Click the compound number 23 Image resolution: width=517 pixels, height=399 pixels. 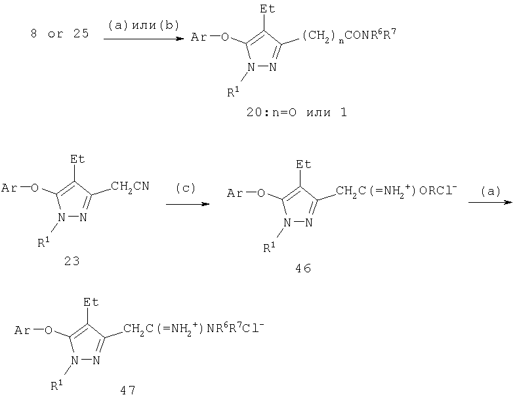72,261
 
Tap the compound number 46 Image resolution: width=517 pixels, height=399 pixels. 303,268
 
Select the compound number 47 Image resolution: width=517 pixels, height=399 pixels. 127,390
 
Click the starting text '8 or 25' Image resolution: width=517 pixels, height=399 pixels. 60,33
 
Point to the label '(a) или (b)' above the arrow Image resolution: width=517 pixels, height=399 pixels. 144,26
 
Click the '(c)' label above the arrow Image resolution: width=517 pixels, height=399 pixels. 186,188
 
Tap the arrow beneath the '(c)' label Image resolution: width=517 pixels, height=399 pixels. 188,204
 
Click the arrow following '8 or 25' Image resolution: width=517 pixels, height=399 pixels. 144,39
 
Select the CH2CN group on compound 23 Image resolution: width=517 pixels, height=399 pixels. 130,186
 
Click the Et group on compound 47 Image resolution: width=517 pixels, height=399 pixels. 91,302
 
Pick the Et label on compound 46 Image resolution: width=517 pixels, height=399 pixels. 304,164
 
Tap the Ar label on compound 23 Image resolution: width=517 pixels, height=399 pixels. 9,188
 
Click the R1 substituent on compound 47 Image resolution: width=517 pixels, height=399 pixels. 57,385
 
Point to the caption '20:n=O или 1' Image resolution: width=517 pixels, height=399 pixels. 297,112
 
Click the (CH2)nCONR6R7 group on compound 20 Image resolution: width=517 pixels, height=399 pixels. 349,35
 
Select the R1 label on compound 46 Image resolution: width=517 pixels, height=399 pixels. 270,247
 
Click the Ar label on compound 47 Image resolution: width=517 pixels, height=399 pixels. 22,330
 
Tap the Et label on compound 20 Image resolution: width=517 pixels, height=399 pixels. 268,9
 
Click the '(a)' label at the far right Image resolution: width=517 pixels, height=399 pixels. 491,191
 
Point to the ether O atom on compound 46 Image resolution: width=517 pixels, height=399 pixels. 261,193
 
